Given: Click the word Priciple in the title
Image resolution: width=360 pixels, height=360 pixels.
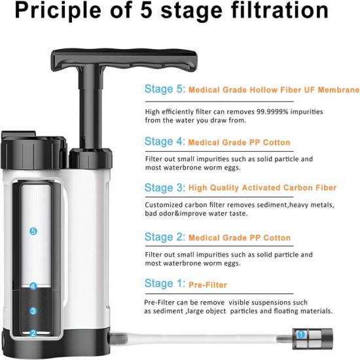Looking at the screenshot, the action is tap(58, 10).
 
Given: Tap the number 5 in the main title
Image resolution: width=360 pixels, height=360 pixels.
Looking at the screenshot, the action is tap(146, 10).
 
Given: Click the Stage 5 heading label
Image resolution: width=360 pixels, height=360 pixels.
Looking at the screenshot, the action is tap(164, 89).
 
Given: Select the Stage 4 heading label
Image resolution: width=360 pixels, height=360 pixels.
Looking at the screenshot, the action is tap(164, 141).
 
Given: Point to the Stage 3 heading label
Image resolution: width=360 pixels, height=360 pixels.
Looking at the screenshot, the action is tap(164, 188).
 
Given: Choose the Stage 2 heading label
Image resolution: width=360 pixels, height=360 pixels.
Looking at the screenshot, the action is tap(164, 237).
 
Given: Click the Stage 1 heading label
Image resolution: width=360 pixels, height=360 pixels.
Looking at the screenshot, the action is tap(164, 283).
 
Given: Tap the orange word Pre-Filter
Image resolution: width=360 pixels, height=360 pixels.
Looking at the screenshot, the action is tap(207, 285).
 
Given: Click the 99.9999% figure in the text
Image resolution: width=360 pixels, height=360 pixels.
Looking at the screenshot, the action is tap(272, 112).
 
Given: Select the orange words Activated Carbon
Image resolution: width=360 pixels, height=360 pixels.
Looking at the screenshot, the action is tap(262, 188).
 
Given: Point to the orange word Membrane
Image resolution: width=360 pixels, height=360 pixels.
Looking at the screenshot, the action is tap(338, 90).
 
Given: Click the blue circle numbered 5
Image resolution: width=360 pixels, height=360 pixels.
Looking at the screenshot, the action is tap(33, 231).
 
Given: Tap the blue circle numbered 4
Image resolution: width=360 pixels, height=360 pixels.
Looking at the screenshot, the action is tap(33, 286).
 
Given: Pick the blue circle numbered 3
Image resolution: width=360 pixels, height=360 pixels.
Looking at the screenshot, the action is tap(33, 311).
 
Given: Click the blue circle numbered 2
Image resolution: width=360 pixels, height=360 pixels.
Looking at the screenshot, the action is tap(33, 333).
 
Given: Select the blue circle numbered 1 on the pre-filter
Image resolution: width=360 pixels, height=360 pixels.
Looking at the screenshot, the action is tap(301, 334).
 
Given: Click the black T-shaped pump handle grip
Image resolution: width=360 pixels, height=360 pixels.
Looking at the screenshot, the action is tap(124, 58).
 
